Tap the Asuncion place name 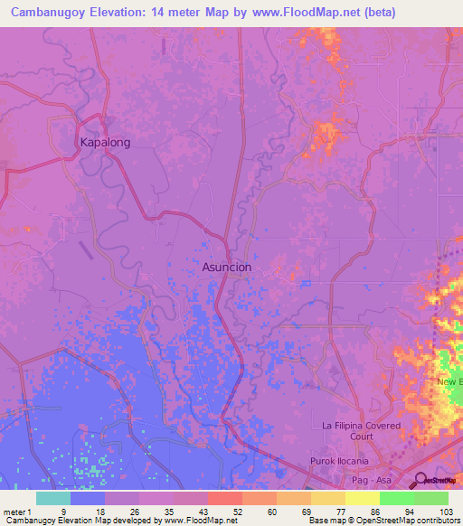[x=226, y=268]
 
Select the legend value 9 [x=63, y=511]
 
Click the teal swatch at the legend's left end [x=52, y=498]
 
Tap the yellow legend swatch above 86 [x=362, y=498]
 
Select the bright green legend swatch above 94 [x=396, y=498]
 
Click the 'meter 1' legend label [x=17, y=511]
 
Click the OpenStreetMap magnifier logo [x=421, y=480]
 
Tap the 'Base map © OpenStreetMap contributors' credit [x=383, y=521]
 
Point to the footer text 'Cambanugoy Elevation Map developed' [x=81, y=521]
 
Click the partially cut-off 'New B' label [x=449, y=383]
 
